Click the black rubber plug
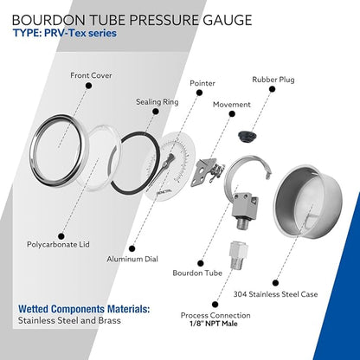click(x=247, y=137)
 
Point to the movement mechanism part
click(x=207, y=172)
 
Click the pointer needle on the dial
click(x=164, y=167)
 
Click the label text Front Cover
click(x=91, y=75)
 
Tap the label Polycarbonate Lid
click(x=58, y=244)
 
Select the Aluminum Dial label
click(x=132, y=259)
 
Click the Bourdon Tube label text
click(x=197, y=273)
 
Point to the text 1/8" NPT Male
click(x=214, y=324)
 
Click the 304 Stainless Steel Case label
click(x=275, y=294)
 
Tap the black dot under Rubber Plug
click(x=272, y=89)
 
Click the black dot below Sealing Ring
click(x=156, y=112)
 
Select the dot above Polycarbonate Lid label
click(x=61, y=236)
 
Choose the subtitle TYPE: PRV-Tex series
click(x=65, y=33)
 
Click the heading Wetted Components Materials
click(x=84, y=309)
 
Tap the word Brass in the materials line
click(x=110, y=320)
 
